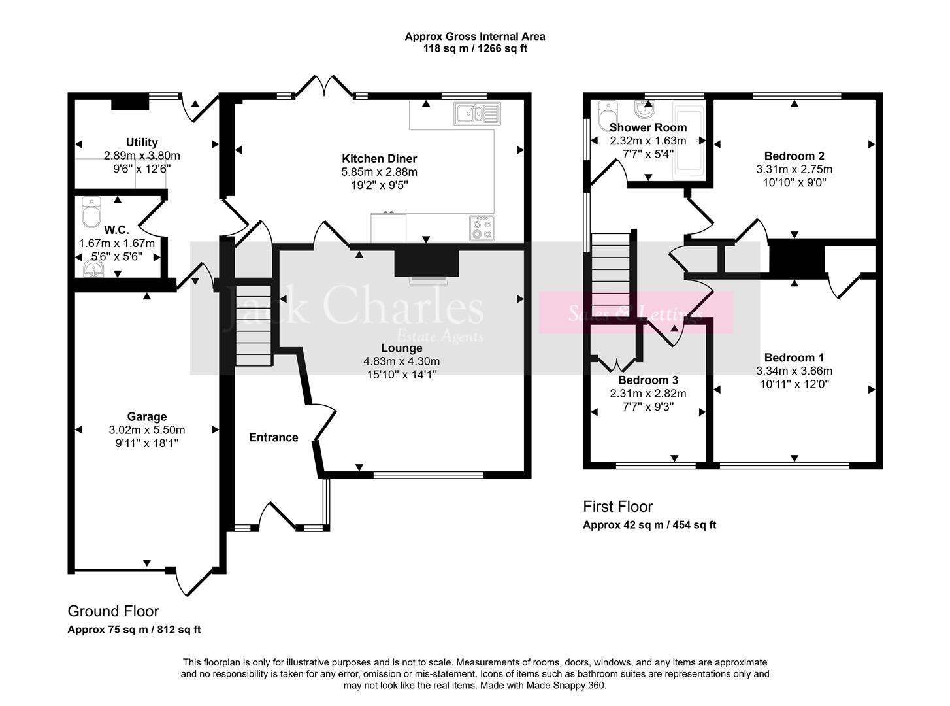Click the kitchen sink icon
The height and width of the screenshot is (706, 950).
click(478, 114)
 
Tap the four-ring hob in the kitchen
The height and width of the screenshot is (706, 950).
click(482, 228)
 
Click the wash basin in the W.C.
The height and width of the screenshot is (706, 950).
click(93, 268)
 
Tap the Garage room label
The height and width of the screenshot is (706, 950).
click(147, 416)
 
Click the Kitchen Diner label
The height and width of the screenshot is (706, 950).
click(379, 159)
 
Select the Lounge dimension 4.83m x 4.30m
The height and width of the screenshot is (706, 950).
click(401, 361)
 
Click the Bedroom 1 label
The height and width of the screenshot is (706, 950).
click(794, 358)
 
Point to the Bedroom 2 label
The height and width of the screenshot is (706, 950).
click(794, 156)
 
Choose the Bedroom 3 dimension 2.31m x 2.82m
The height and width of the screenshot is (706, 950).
click(647, 394)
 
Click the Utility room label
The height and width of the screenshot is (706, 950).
click(142, 143)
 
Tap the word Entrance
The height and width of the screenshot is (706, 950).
click(273, 437)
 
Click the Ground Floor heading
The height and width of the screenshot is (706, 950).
click(114, 611)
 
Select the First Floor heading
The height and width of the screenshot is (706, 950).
click(617, 507)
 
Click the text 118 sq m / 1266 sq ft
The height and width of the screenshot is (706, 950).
click(475, 48)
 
